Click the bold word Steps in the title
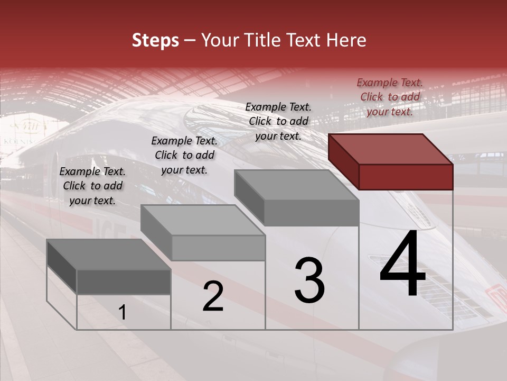[155, 40]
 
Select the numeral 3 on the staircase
[309, 280]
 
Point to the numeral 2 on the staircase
[213, 297]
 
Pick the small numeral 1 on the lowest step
[123, 313]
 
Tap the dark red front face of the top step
[406, 177]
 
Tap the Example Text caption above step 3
[278, 121]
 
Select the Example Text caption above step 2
[184, 155]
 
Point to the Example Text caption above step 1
[92, 186]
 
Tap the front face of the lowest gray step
[124, 282]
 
